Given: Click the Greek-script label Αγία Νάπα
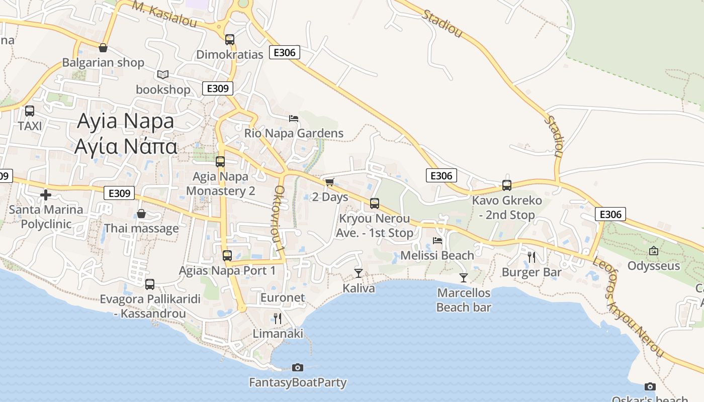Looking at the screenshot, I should (x=126, y=146).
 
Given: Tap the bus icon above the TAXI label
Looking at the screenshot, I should (x=30, y=111).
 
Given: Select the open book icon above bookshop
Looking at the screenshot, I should (x=162, y=74).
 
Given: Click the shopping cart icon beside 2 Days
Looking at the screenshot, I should (x=329, y=182).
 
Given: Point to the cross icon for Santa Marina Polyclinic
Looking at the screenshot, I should (x=46, y=194).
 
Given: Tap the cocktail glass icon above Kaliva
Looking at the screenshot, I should (x=358, y=273).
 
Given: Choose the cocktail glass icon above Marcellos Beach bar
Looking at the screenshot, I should (x=464, y=277).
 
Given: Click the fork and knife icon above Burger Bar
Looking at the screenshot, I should (x=532, y=257).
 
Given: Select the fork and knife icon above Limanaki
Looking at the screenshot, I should (x=277, y=318).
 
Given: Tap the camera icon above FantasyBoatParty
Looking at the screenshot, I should (x=298, y=367).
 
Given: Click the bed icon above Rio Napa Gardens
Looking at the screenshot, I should (x=294, y=119).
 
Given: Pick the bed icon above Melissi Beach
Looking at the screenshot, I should (x=437, y=240).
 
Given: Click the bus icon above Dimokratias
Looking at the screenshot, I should (x=230, y=39).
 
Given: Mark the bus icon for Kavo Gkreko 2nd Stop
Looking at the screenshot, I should (x=507, y=185).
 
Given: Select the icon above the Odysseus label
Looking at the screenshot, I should (x=654, y=251).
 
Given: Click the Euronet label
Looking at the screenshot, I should (x=283, y=297).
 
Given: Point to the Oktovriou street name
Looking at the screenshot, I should (x=280, y=219).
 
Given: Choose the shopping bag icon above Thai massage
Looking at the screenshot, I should (x=141, y=214).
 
